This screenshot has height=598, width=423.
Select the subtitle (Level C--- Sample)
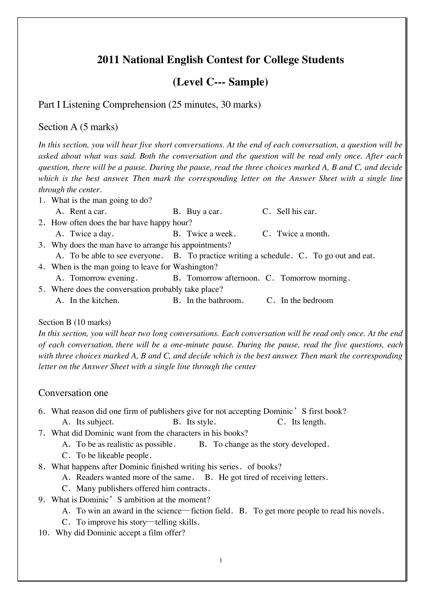(x=220, y=82)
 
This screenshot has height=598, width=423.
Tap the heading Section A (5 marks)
(x=78, y=127)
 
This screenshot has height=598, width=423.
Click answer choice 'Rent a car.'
(x=88, y=212)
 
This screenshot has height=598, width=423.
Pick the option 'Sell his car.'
(x=297, y=212)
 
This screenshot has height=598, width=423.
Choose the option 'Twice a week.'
(x=211, y=234)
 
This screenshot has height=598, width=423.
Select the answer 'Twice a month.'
(x=303, y=234)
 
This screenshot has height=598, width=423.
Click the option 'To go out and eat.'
(x=344, y=256)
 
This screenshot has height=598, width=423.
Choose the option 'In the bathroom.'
(x=215, y=300)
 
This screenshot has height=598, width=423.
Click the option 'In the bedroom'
(x=307, y=300)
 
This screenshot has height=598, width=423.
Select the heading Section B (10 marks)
(x=74, y=322)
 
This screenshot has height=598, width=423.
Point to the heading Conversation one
(x=73, y=393)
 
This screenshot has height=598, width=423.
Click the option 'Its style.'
(x=201, y=422)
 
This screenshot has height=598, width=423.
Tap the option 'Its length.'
(x=309, y=422)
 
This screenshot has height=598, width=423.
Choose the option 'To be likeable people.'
(x=114, y=456)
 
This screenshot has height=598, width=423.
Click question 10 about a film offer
(x=120, y=533)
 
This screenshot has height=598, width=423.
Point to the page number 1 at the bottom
(x=221, y=560)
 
